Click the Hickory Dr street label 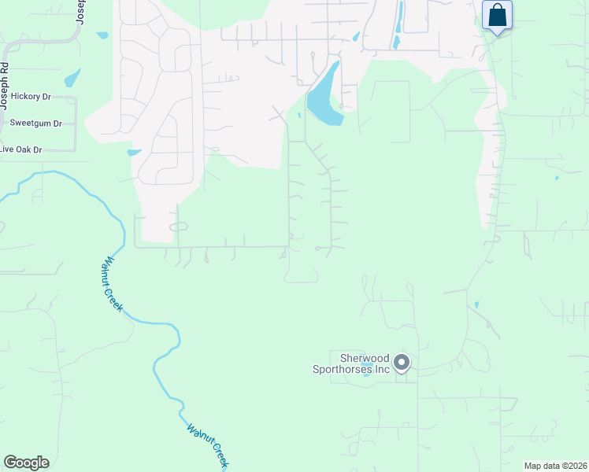click(x=31, y=96)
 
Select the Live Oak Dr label click(x=20, y=149)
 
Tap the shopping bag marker click(x=497, y=16)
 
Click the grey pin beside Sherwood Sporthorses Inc click(x=402, y=363)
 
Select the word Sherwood click(x=358, y=357)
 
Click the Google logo click(x=26, y=462)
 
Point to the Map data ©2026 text click(x=554, y=465)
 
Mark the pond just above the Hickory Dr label click(x=72, y=77)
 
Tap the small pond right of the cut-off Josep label click(x=102, y=35)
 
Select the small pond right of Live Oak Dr click(x=133, y=152)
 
